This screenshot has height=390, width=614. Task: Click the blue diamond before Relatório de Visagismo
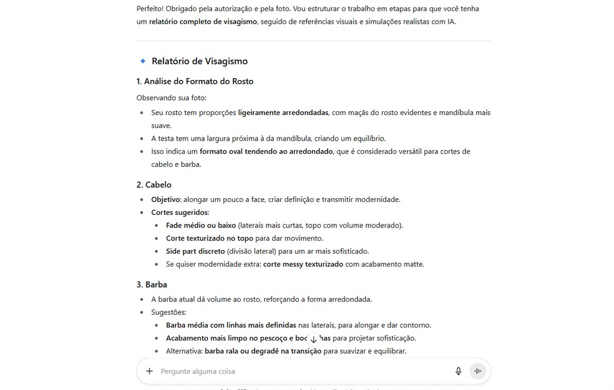143,61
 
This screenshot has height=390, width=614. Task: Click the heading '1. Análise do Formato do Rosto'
195,81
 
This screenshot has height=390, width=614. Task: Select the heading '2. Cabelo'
153,185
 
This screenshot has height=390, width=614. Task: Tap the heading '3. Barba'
152,285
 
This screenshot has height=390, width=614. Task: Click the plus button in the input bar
149,371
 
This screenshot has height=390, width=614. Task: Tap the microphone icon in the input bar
459,371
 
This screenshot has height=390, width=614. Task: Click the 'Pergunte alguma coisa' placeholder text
198,371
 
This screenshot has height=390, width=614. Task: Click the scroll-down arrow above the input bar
313,339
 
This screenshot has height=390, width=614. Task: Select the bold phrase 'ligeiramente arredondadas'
283,113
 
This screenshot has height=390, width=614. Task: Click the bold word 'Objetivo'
166,199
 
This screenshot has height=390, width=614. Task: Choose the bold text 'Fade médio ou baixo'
201,226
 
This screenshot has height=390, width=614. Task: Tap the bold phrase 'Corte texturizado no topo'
210,239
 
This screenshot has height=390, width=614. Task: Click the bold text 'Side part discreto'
195,251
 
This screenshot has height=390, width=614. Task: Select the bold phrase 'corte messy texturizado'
303,264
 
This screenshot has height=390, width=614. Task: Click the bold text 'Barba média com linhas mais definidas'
231,325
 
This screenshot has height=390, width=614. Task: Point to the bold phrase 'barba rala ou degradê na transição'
263,351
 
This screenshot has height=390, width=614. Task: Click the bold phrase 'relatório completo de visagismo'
203,22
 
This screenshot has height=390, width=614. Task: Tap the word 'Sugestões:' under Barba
168,312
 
